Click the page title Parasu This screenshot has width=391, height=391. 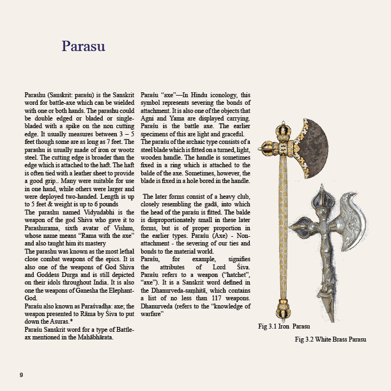(x=83, y=46)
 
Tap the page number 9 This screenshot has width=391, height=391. (x=21, y=375)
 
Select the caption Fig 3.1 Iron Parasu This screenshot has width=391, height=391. (x=283, y=326)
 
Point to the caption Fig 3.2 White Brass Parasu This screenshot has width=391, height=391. (x=330, y=339)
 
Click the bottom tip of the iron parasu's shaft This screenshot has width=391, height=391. (x=283, y=319)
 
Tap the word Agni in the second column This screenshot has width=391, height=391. (x=149, y=118)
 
